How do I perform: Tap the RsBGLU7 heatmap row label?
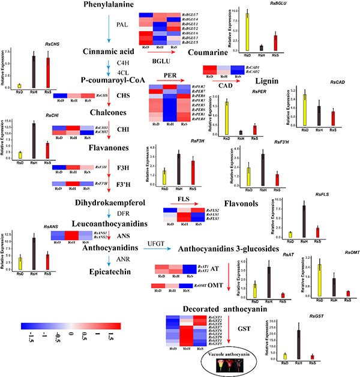190,13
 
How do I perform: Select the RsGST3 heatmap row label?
215,316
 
